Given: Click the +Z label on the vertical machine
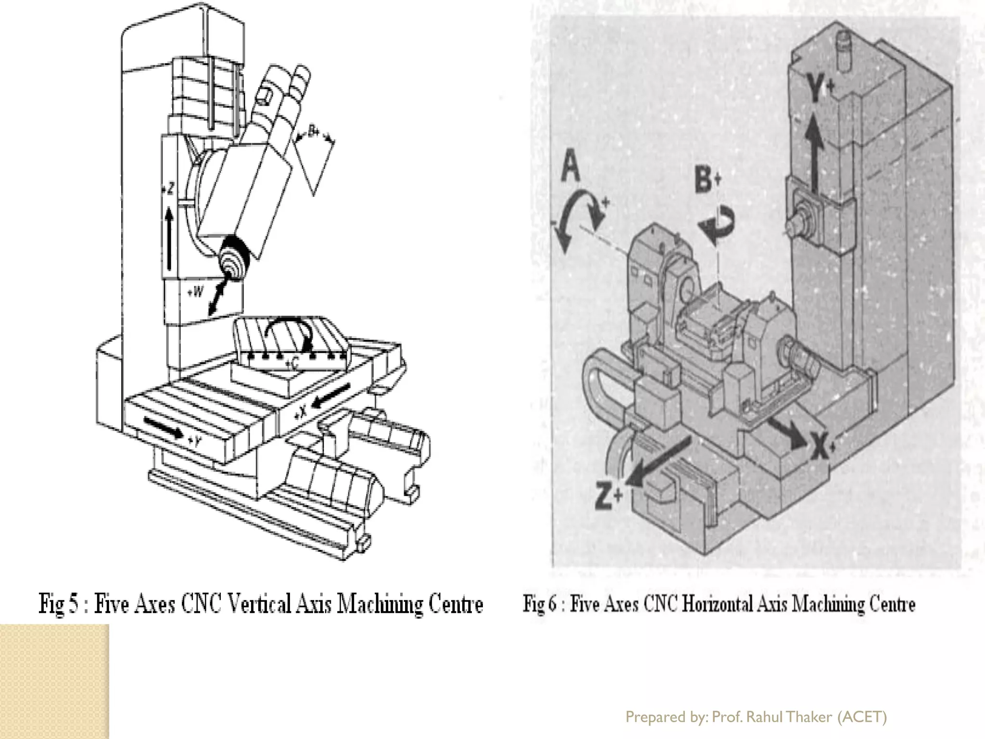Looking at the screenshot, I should pyautogui.click(x=169, y=189).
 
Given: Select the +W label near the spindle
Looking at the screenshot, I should pyautogui.click(x=195, y=292).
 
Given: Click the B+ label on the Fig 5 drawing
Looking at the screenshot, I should pyautogui.click(x=314, y=131).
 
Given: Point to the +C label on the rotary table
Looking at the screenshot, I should pyautogui.click(x=292, y=364).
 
